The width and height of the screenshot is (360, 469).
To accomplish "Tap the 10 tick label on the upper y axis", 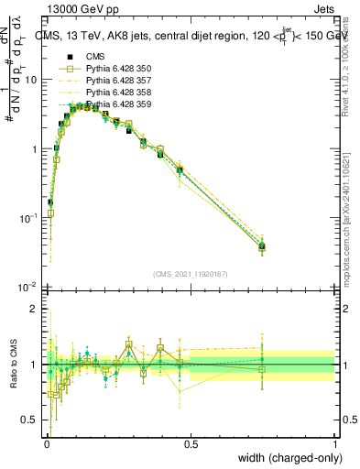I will point(30,80).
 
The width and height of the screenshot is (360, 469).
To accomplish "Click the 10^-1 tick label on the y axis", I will point(27,218).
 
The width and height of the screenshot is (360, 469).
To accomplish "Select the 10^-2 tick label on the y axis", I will point(27,288).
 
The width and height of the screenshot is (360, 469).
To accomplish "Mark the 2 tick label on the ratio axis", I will point(34,309).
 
